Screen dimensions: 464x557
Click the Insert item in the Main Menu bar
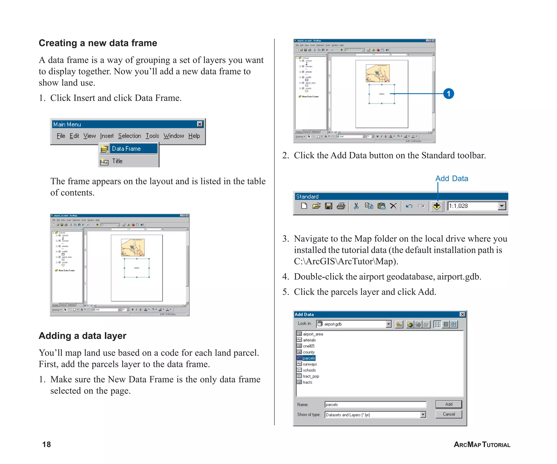pos(107,136)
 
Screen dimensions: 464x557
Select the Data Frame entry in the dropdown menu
pos(126,149)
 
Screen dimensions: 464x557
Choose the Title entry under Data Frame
pos(117,161)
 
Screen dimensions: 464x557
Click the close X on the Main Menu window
pos(200,124)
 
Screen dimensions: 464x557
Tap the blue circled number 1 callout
pos(448,94)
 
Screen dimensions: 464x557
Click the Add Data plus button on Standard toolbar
pos(437,206)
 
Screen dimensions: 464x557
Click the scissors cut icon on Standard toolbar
pos(356,206)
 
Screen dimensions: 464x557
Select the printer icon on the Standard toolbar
pos(341,206)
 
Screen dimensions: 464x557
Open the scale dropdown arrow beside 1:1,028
pos(502,206)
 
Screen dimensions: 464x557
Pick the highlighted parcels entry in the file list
pos(309,358)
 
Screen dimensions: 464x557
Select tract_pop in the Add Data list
pos(311,376)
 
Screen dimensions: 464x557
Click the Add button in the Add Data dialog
pos(448,404)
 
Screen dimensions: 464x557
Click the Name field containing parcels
pos(375,404)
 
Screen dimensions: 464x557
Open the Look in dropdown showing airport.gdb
pos(389,324)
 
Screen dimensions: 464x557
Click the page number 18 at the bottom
pos(47,444)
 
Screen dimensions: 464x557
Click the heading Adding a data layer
pos(82,336)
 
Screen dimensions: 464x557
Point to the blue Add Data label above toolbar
pos(451,179)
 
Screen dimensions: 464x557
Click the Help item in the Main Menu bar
pos(194,136)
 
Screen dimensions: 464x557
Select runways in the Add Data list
pos(310,364)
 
